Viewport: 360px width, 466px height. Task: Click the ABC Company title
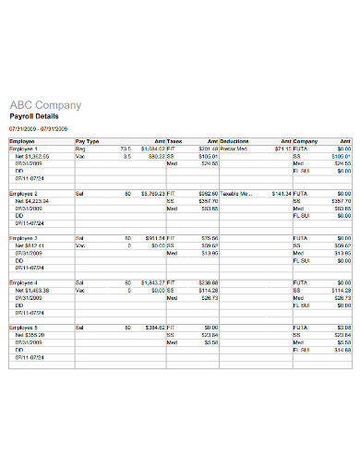45,105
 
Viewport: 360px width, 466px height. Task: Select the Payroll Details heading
34,118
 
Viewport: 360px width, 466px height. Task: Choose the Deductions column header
236,141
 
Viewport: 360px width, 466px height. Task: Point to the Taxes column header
175,141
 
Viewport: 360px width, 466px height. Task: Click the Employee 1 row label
24,148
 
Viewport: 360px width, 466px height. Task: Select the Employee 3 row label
24,238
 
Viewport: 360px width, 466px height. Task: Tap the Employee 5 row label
24,327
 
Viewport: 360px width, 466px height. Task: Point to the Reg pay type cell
79,148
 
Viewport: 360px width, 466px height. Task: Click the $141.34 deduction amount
278,193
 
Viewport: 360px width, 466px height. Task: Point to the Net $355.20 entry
30,335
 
